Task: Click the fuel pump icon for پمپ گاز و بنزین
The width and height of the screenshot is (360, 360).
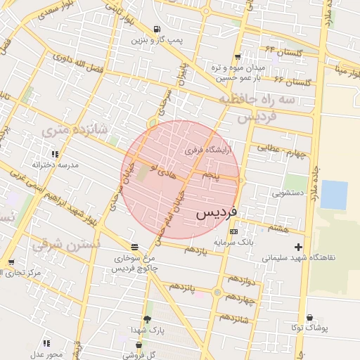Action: coord(155,30)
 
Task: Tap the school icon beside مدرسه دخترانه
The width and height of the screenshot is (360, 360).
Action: coord(54,154)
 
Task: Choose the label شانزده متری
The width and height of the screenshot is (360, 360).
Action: coord(74,129)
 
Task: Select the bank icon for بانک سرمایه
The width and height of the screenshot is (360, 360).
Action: coord(233,231)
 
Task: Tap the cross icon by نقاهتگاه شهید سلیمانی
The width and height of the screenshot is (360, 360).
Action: coord(299,247)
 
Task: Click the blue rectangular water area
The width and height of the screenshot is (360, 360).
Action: coord(334,195)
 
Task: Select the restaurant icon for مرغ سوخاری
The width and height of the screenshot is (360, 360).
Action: coord(134,246)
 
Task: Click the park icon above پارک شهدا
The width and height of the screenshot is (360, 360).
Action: coord(147,319)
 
